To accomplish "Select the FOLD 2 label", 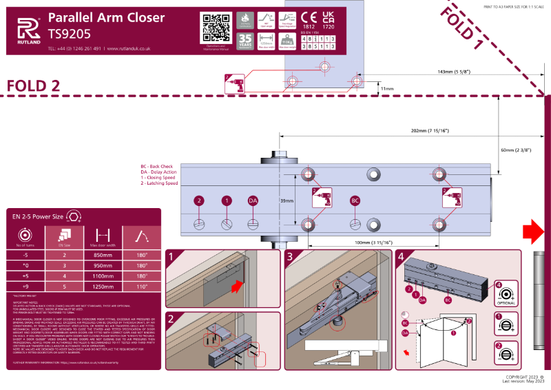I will coord(33,85).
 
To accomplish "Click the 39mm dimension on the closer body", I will coord(287,201).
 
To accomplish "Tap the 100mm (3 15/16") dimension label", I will coord(373,242).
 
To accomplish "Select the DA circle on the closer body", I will coord(253,201).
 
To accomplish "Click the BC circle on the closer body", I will coord(355,201).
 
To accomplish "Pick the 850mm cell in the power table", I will coord(103,254).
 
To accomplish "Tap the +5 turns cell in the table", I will coord(25,276).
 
